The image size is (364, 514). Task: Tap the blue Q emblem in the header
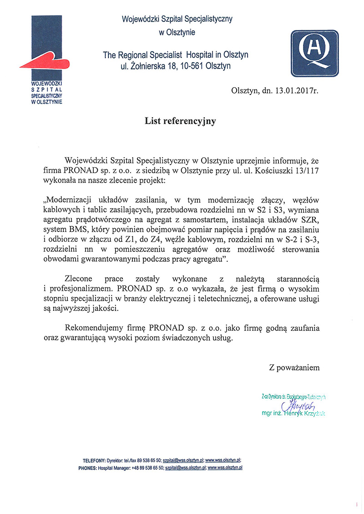click(314, 53)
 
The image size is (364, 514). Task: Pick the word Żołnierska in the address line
click(148, 66)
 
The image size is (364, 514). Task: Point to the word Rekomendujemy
click(94, 327)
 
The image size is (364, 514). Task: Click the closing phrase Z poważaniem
click(294, 368)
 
